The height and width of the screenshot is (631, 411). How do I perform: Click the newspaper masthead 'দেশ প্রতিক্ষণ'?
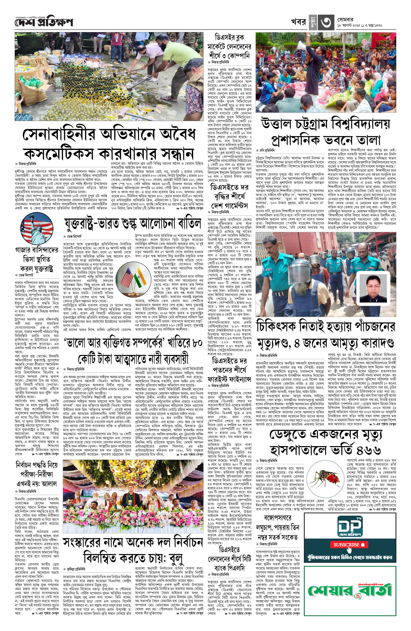44,22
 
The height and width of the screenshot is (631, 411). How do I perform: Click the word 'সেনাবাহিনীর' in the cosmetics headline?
71,134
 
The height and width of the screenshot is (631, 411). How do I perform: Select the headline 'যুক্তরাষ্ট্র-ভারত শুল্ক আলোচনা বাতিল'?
132,224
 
